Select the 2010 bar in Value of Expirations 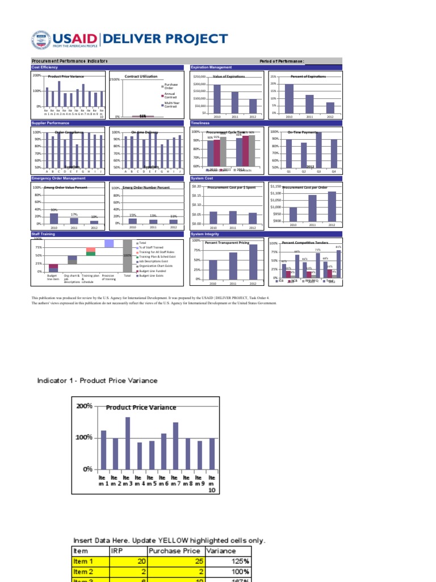(x=216, y=99)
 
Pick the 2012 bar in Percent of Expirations (x=330, y=107)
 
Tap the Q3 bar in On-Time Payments (x=318, y=149)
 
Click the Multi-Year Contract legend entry (x=172, y=105)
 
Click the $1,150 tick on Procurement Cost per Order (x=276, y=186)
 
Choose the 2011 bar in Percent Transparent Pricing (x=233, y=266)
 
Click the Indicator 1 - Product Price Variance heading (x=97, y=380)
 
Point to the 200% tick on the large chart (x=85, y=406)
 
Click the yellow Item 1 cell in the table (x=89, y=561)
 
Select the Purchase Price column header (x=174, y=551)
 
